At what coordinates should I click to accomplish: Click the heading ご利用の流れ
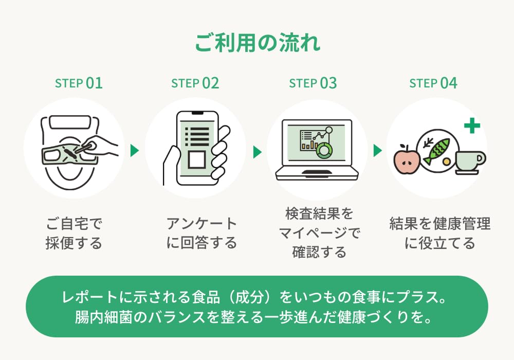coord(257,43)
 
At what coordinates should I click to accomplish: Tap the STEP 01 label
coord(79,83)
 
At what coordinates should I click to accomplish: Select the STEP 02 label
coord(195,83)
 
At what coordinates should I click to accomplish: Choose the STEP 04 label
coord(433,83)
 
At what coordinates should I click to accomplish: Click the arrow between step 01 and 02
coord(135,151)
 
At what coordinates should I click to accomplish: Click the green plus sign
coord(471,126)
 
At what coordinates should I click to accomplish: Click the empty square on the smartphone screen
coord(196,160)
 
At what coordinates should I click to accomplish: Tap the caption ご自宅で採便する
coord(74,233)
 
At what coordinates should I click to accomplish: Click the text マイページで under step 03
coord(319,233)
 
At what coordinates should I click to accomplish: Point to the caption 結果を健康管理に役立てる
coord(439,233)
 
